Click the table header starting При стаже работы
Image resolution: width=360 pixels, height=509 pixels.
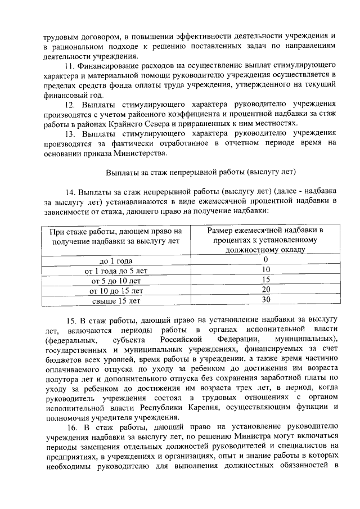point(116,236)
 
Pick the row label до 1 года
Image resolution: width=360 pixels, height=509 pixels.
point(115,260)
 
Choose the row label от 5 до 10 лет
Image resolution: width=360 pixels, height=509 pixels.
point(115,280)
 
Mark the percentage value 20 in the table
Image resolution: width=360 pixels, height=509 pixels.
point(266,290)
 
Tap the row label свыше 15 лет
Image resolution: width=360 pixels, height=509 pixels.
point(115,300)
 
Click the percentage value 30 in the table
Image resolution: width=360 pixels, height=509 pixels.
point(266,300)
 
